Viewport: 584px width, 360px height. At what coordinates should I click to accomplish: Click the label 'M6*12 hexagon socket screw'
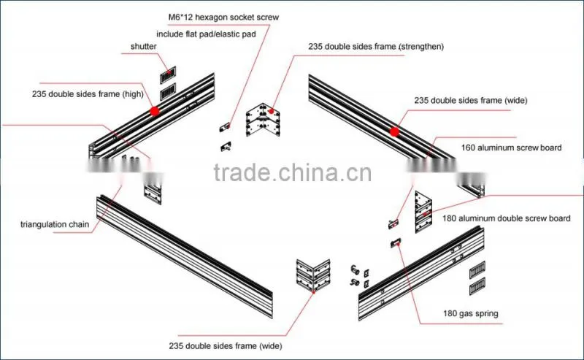point(223,17)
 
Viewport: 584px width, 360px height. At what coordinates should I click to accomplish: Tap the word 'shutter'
point(143,47)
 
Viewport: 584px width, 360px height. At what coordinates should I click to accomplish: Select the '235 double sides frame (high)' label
point(88,94)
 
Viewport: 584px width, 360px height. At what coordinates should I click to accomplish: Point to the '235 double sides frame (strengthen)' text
point(376,47)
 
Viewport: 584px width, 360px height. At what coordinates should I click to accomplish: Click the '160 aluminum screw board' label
point(512,148)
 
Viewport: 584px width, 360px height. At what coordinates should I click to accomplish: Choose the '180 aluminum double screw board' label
point(506,218)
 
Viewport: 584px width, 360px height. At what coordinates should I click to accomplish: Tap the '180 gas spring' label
point(470,313)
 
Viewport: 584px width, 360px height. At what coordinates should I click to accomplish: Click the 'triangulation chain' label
point(55,224)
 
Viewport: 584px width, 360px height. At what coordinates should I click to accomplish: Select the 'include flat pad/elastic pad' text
point(206,34)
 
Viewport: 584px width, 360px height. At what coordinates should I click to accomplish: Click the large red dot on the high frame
point(155,111)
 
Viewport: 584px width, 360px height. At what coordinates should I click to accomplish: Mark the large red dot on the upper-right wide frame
point(394,131)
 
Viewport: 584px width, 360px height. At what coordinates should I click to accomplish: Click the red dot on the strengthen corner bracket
point(272,111)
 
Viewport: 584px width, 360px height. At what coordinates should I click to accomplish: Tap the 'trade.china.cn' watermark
point(293,172)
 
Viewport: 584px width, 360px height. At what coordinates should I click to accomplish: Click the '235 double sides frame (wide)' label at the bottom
point(226,346)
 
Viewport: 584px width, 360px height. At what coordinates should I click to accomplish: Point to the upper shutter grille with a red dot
point(168,75)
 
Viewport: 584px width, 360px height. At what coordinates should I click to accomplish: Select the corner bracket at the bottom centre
point(313,275)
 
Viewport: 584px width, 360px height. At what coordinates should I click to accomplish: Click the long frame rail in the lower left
point(185,256)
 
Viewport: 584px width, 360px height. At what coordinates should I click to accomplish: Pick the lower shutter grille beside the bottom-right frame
point(477,286)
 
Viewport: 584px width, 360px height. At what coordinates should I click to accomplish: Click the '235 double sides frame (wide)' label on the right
point(471,100)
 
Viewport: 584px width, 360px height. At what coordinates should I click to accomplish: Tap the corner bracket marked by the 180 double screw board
point(423,212)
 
